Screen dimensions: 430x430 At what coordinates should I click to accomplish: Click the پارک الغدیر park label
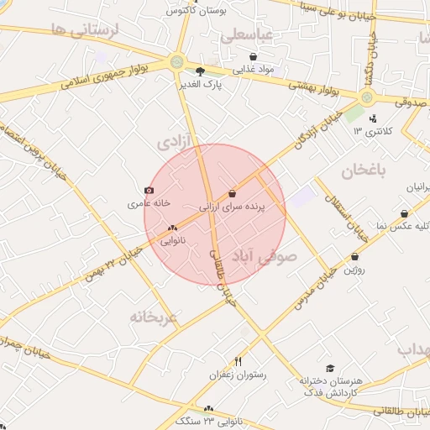tap(200, 85)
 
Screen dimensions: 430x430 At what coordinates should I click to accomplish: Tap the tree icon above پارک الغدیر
tap(200, 72)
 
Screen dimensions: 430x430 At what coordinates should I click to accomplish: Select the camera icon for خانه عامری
tap(149, 191)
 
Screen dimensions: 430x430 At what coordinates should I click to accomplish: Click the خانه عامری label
tap(149, 203)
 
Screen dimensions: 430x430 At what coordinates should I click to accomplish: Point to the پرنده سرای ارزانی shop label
tap(232, 205)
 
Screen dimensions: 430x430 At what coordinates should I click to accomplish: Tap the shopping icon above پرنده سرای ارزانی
tap(232, 193)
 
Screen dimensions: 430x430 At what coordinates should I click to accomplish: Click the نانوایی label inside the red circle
tap(172, 240)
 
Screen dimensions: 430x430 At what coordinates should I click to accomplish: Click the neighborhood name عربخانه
tap(154, 317)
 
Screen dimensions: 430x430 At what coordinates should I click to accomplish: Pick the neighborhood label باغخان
tap(364, 171)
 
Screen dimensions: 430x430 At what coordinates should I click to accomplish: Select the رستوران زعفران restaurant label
tap(239, 375)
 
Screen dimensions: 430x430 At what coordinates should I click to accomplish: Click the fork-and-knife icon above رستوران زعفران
tap(239, 362)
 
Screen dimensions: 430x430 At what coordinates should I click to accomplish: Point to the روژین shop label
tap(354, 270)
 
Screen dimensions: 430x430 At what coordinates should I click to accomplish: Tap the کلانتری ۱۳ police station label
tap(369, 130)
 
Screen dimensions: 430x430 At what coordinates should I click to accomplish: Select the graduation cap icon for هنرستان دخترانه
tap(330, 369)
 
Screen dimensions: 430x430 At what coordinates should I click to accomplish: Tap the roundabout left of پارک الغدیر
tap(176, 61)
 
